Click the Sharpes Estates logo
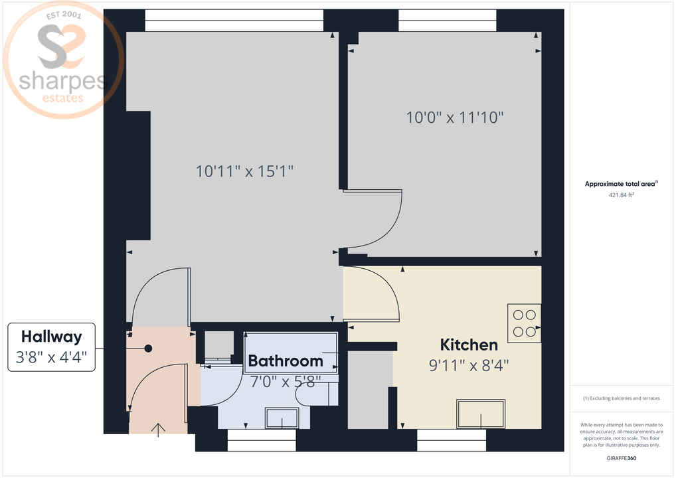pyautogui.click(x=63, y=61)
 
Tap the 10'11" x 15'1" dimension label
pyautogui.click(x=244, y=171)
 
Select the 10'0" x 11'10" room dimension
pyautogui.click(x=455, y=118)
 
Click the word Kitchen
pyautogui.click(x=469, y=345)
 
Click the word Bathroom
pyautogui.click(x=286, y=361)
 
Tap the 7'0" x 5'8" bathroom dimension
pyautogui.click(x=286, y=381)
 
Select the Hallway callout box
pyautogui.click(x=51, y=347)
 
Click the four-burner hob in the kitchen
pyautogui.click(x=524, y=323)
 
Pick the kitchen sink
pyautogui.click(x=481, y=414)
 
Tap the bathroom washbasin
pyautogui.click(x=282, y=418)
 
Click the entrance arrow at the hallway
pyautogui.click(x=158, y=431)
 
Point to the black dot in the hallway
pyautogui.click(x=149, y=349)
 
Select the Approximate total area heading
pyautogui.click(x=621, y=184)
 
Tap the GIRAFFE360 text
pyautogui.click(x=621, y=458)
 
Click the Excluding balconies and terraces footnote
pyautogui.click(x=621, y=398)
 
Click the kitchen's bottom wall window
pyautogui.click(x=452, y=439)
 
